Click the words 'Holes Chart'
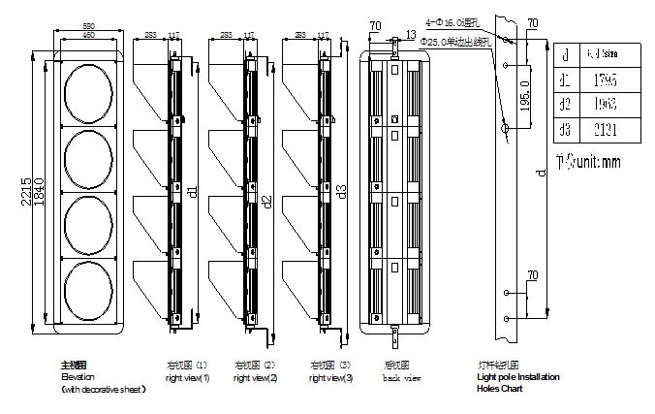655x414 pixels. pos(499,389)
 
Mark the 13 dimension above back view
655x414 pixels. pos(412,34)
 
